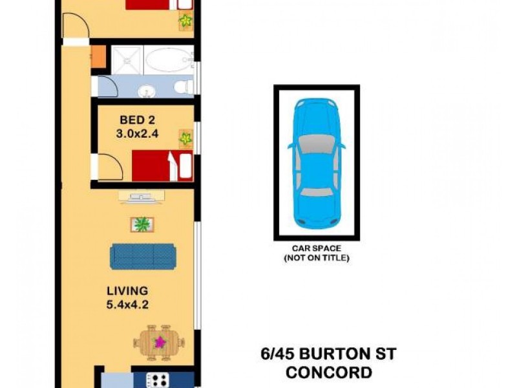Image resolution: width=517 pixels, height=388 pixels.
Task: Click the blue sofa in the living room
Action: [143, 256]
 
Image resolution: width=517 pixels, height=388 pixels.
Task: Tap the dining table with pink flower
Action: [159, 342]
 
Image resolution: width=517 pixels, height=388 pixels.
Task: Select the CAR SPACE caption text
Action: [316, 248]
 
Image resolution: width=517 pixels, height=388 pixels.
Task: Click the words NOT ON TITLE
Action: [316, 258]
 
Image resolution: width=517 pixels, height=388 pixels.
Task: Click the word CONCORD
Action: [329, 372]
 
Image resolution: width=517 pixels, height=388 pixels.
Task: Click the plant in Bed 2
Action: [186, 138]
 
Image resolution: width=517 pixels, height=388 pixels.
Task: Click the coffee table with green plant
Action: [142, 224]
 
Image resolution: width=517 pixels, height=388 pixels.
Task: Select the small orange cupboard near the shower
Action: [98, 56]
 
